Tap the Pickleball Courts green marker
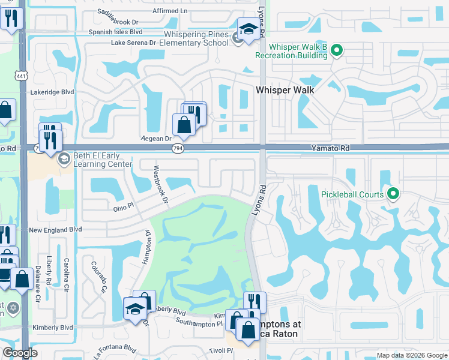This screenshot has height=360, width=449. click(x=393, y=193)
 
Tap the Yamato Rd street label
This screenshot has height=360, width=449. click(x=330, y=148)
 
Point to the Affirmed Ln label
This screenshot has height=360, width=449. click(x=173, y=11)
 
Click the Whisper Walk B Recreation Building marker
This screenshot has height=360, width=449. click(x=337, y=50)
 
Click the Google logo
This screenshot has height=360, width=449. click(x=20, y=353)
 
